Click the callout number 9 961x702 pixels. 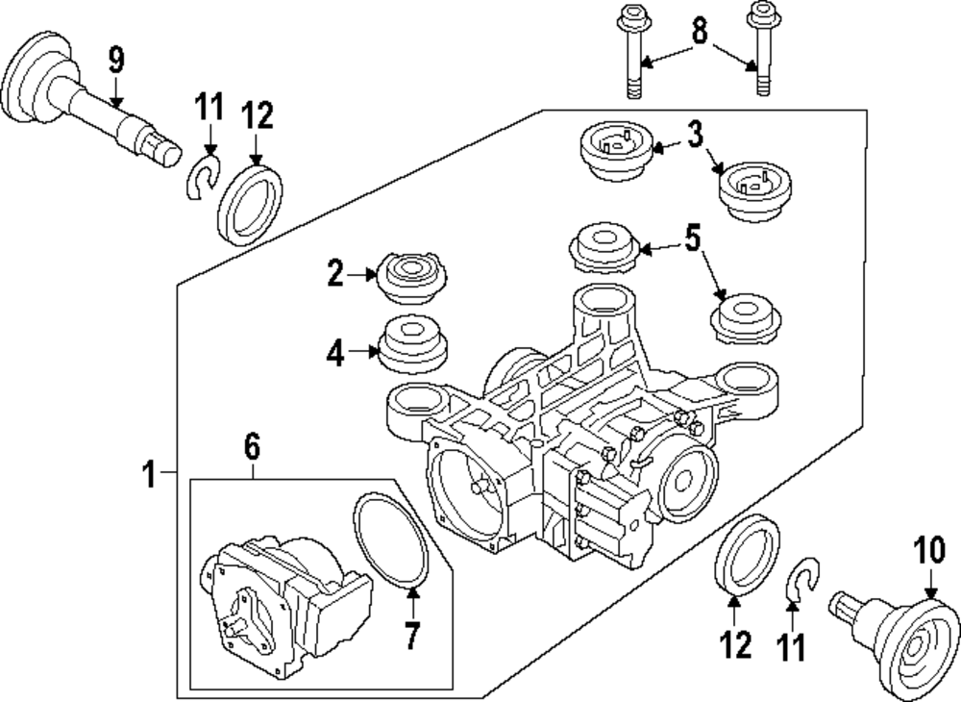[115, 60]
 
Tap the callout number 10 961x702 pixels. [929, 552]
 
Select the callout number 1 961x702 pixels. [149, 473]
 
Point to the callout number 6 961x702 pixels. [251, 446]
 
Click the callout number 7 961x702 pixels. [412, 635]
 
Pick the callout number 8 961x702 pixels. [699, 33]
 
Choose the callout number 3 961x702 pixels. [695, 135]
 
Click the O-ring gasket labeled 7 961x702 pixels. [390, 539]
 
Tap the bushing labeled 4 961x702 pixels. [414, 346]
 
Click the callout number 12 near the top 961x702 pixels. [257, 116]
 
